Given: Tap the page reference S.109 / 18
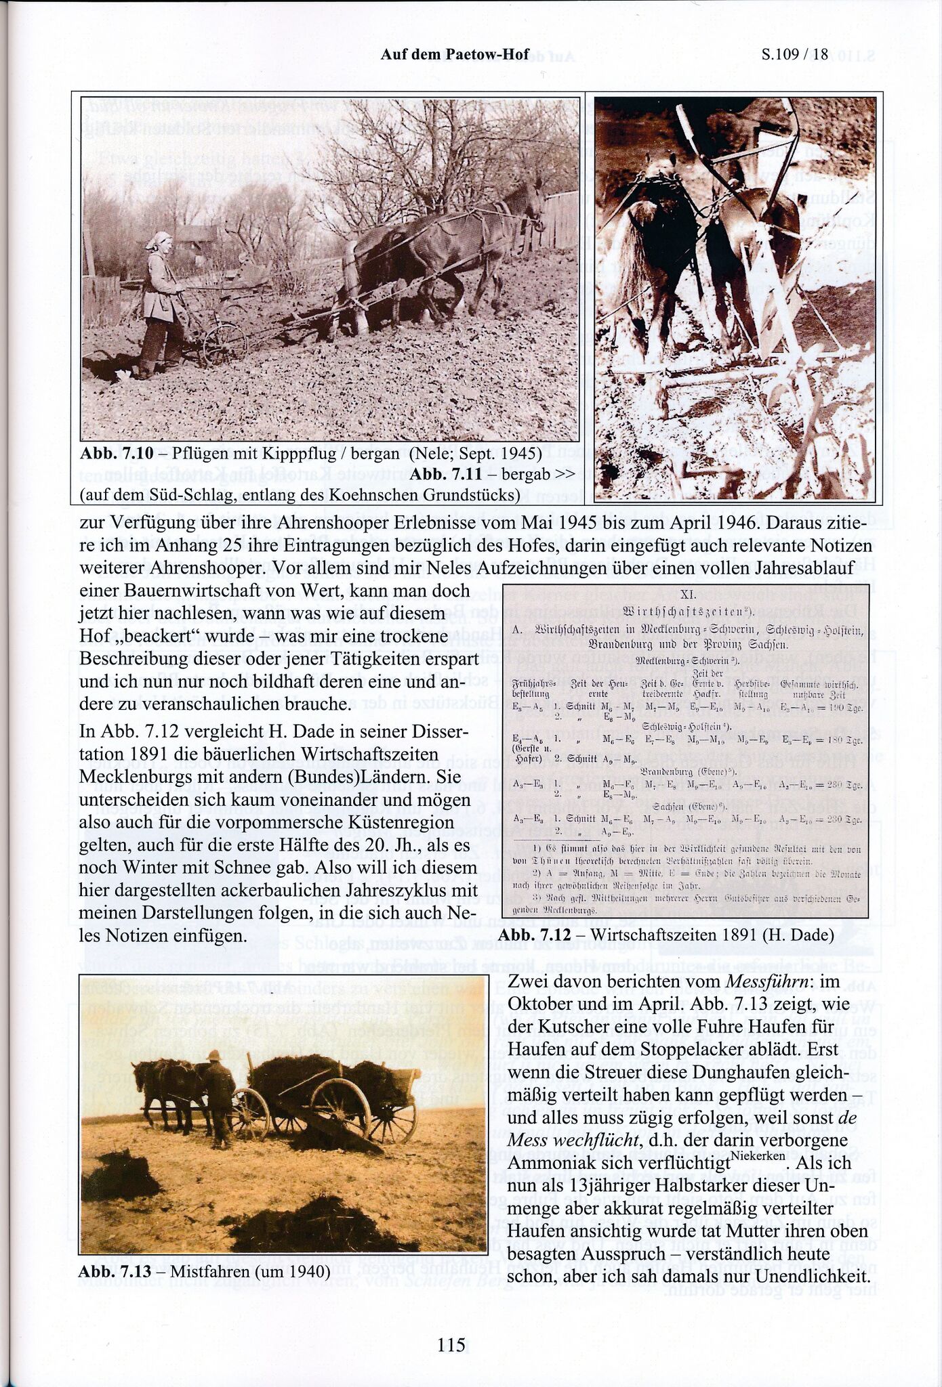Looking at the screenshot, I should [x=795, y=54].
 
